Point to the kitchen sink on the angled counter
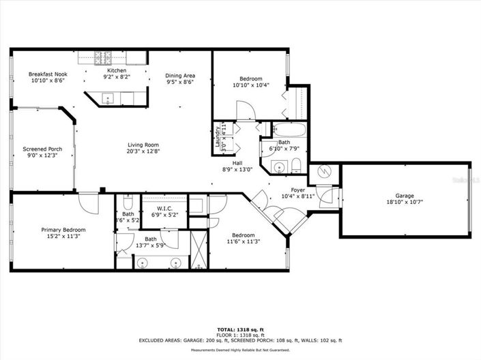click(107, 100)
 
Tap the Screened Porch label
click(42, 149)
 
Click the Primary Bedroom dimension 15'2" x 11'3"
click(62, 238)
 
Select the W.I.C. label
click(164, 208)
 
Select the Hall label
click(237, 163)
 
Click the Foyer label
click(297, 190)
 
